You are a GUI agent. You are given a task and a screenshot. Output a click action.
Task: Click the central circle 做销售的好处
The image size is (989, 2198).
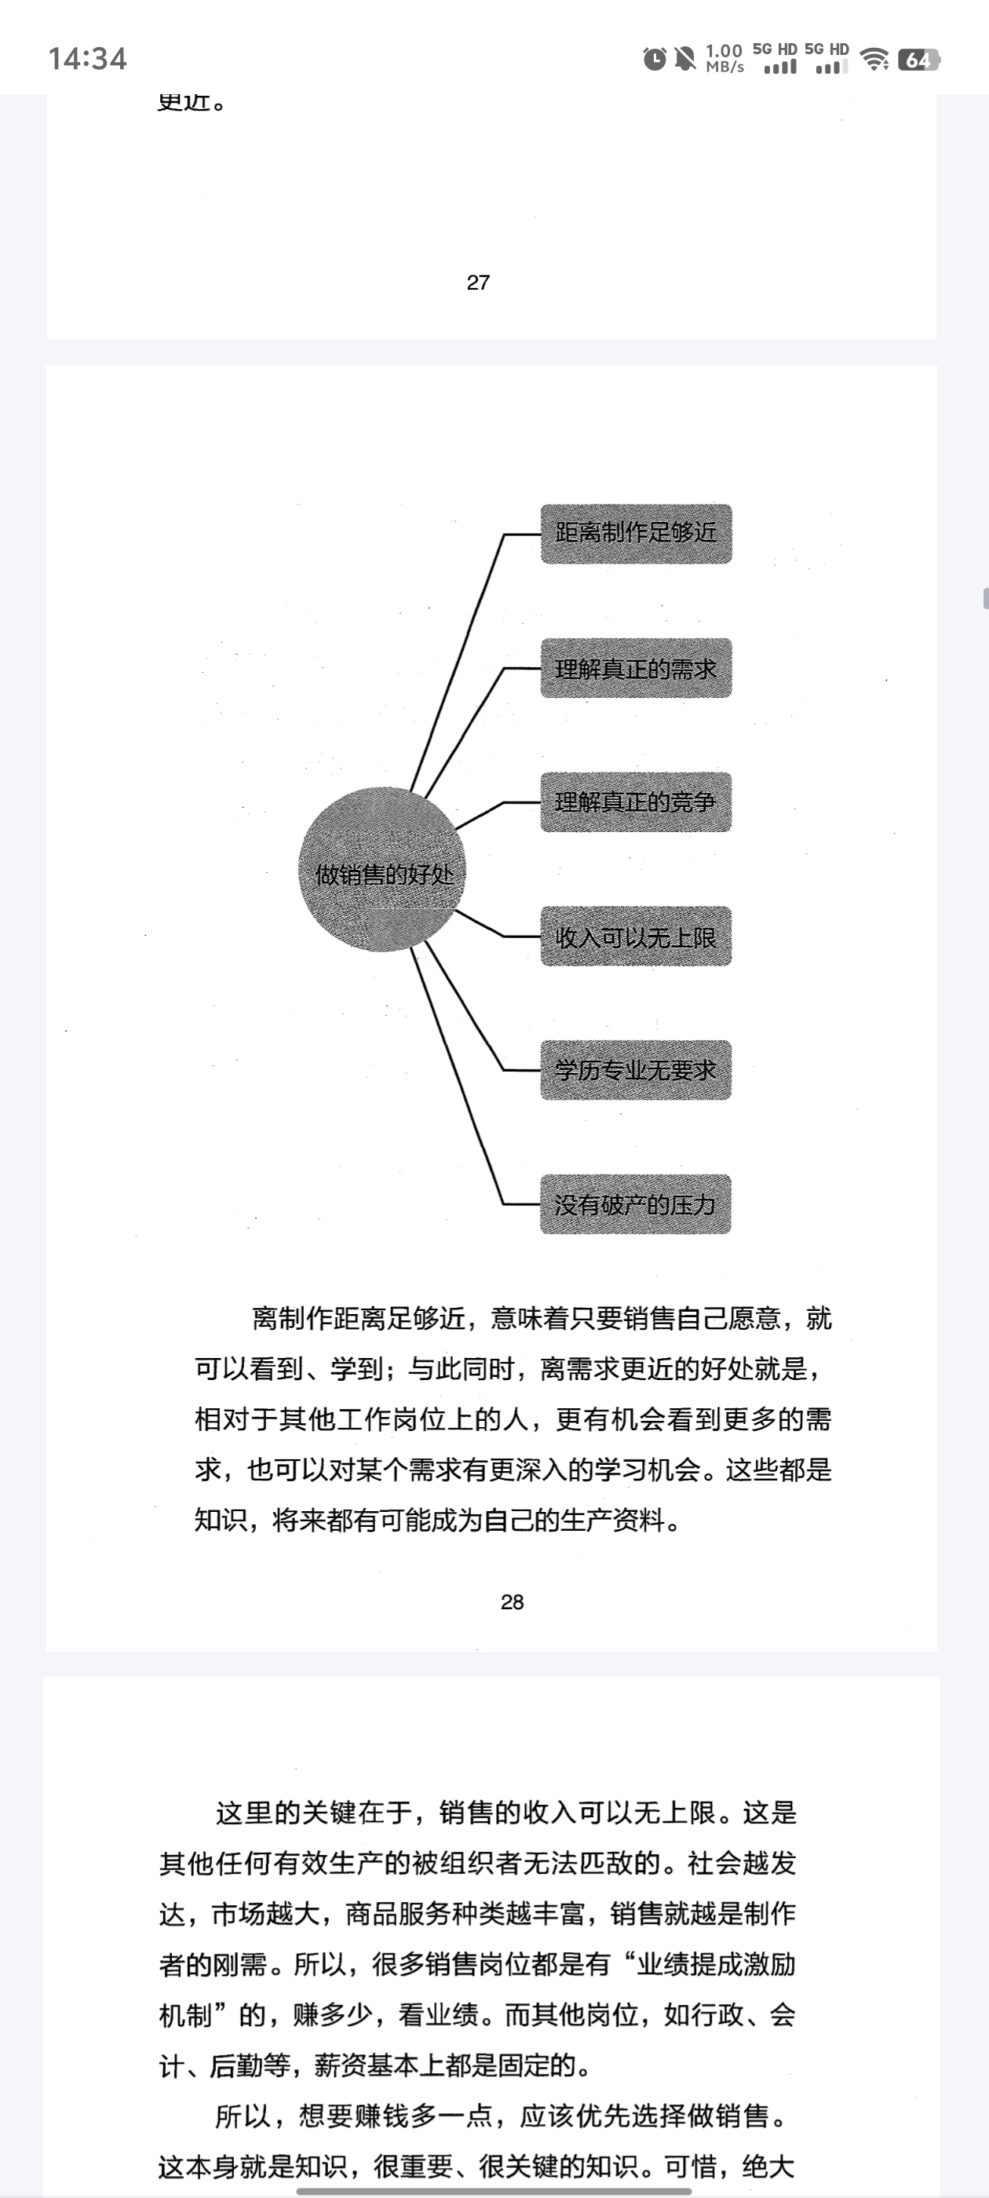tap(383, 870)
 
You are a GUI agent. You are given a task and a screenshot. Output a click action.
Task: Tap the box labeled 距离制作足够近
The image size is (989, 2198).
tap(636, 534)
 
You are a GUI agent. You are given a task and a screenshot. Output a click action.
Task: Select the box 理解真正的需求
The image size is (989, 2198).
tap(636, 668)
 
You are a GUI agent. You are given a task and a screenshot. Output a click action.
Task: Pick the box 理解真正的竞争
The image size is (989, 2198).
tap(636, 802)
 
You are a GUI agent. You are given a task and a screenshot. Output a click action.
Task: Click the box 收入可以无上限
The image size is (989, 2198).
tap(636, 936)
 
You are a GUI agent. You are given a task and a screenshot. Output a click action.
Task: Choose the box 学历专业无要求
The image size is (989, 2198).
tap(636, 1070)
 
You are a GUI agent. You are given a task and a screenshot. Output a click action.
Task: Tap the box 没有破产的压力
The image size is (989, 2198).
tap(636, 1204)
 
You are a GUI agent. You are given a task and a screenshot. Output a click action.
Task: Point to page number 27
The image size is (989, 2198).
tap(479, 283)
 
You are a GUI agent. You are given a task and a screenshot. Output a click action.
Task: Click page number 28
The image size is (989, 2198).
tap(512, 1602)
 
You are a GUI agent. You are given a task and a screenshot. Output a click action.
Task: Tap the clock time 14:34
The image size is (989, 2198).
tap(87, 59)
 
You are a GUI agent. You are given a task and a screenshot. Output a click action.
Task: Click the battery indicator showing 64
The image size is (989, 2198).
tap(918, 60)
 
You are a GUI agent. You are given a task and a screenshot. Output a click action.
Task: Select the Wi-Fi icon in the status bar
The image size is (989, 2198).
tap(874, 60)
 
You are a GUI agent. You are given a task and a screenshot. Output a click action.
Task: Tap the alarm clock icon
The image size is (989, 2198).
tap(655, 59)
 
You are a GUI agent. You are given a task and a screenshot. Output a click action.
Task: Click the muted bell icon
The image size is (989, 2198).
tap(684, 59)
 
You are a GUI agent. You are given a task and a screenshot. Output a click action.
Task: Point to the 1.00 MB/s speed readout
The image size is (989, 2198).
tap(724, 58)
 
